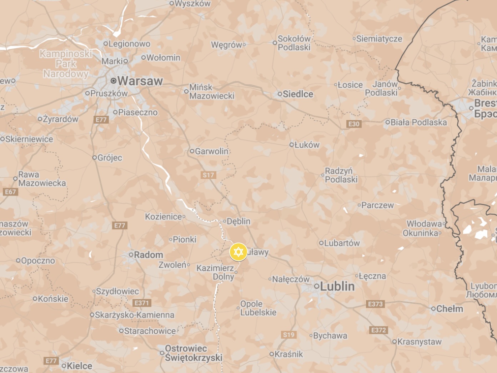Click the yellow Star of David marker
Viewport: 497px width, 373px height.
click(x=238, y=252)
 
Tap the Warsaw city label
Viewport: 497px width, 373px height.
click(x=140, y=81)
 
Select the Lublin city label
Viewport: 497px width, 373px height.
click(x=337, y=286)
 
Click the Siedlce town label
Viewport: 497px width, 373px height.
click(x=298, y=94)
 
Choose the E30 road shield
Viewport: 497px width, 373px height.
click(x=354, y=124)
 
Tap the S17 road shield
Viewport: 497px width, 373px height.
click(x=208, y=175)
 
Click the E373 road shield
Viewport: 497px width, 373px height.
click(x=375, y=304)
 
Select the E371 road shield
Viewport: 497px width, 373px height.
click(x=141, y=303)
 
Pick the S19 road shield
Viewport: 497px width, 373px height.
click(x=288, y=334)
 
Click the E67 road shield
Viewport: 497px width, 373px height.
click(x=10, y=192)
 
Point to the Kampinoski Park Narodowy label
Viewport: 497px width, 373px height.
click(x=66, y=64)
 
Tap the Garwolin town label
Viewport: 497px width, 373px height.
click(x=211, y=151)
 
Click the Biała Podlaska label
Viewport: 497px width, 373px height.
click(x=418, y=122)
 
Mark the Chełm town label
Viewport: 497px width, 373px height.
click(x=450, y=309)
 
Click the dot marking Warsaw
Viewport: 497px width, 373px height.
click(x=114, y=81)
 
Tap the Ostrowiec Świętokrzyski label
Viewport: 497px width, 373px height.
click(x=193, y=353)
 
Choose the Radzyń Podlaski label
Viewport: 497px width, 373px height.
click(x=340, y=175)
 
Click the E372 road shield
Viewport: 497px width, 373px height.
click(x=378, y=330)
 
